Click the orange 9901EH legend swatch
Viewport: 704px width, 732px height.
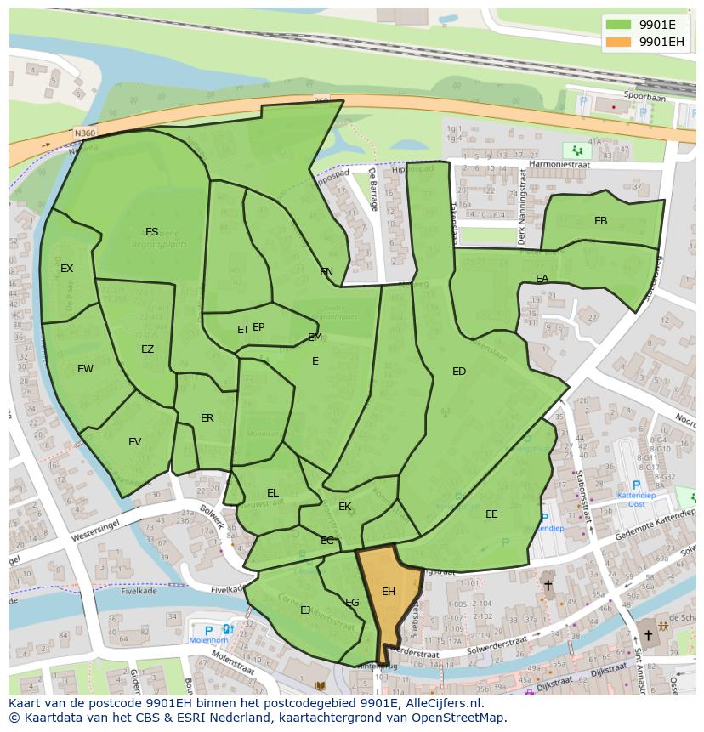[x=618, y=42]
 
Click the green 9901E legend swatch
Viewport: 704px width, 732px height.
[x=618, y=25]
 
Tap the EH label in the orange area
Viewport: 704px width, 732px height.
[x=389, y=592]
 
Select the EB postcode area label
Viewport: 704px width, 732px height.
[x=600, y=221]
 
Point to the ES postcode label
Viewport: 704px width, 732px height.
[x=151, y=232]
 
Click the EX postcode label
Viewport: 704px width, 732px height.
[x=66, y=269]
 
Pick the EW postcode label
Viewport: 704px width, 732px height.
[x=85, y=369]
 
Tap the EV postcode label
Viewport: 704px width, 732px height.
[x=134, y=442]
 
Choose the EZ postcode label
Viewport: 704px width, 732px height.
[x=147, y=349]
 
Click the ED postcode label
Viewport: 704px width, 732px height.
[x=459, y=372]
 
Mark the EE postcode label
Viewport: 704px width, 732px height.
[x=491, y=514]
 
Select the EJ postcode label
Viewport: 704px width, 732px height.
[x=305, y=610]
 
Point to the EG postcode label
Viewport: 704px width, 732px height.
[x=352, y=603]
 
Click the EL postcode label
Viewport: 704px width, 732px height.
[x=273, y=493]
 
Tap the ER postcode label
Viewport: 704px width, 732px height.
[x=207, y=418]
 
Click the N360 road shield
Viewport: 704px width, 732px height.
[x=84, y=133]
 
